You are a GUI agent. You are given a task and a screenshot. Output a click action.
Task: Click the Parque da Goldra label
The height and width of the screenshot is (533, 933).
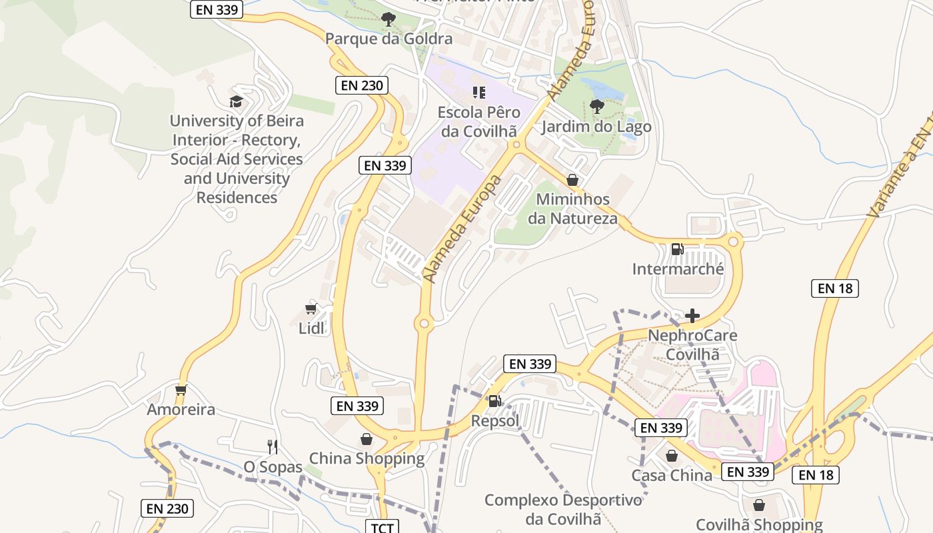(389, 39)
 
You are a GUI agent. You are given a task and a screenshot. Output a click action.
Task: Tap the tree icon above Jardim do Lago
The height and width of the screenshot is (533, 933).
(596, 106)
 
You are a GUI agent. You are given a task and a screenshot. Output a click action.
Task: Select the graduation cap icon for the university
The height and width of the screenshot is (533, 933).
(236, 101)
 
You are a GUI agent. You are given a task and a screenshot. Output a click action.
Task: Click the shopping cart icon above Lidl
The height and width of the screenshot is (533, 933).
(311, 308)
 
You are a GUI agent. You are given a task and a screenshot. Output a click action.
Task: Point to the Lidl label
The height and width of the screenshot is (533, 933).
(312, 328)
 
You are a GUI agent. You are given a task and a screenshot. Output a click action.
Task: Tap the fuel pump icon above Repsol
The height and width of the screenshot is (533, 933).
(494, 400)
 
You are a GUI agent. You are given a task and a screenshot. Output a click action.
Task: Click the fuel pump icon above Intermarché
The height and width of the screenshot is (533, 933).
(677, 249)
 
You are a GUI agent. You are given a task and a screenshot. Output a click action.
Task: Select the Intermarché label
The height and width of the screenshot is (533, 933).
(678, 269)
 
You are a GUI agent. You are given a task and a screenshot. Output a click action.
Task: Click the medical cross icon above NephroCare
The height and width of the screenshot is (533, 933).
(692, 315)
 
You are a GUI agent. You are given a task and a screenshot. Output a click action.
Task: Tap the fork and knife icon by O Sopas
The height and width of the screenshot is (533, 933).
(272, 446)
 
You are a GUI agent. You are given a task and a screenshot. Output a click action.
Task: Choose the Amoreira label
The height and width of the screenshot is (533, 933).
(181, 409)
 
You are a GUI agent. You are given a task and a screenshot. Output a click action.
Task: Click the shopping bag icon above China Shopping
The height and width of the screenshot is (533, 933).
(367, 438)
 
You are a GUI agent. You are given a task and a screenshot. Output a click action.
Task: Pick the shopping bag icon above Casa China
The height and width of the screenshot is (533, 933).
(672, 456)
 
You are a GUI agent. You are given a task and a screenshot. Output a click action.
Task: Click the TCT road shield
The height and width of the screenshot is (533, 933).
(382, 528)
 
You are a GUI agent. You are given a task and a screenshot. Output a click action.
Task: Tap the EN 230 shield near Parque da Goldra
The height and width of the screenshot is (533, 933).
(361, 85)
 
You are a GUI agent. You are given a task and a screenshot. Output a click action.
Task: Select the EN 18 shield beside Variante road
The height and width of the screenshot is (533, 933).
(834, 288)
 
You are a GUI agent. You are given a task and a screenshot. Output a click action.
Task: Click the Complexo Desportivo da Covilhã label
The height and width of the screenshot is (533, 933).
(563, 509)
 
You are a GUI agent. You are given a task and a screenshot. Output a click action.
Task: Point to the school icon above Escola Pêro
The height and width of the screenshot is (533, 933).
(478, 92)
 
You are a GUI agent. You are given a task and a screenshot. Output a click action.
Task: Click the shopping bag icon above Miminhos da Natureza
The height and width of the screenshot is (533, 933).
(572, 180)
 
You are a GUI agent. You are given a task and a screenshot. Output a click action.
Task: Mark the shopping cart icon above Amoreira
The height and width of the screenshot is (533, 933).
(181, 390)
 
